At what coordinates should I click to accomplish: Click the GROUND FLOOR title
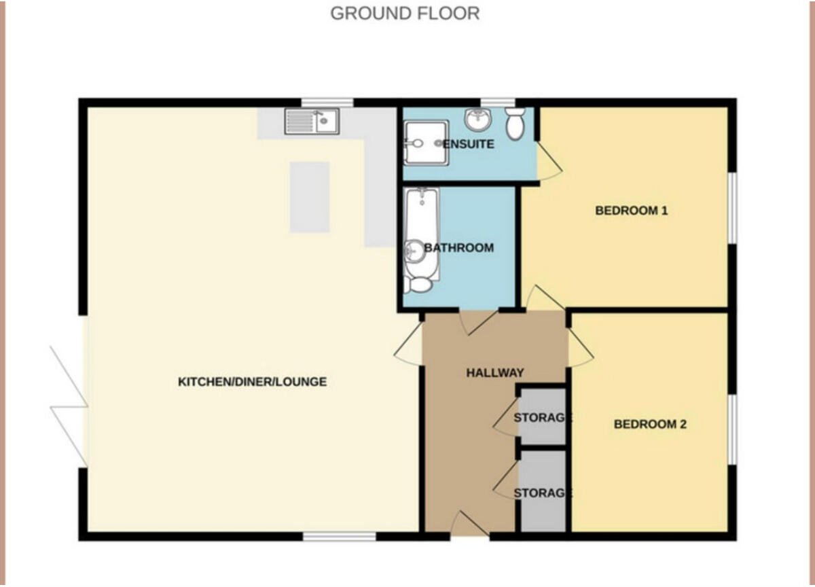405,13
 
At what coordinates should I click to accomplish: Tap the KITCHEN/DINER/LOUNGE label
252,382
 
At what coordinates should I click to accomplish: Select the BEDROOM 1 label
631,211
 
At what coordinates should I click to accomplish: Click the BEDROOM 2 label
650,425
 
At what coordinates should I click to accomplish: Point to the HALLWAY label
494,372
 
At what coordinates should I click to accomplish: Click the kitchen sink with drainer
312,122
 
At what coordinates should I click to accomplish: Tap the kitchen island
310,197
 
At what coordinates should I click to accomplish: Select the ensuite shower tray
425,143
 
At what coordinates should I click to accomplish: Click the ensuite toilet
515,123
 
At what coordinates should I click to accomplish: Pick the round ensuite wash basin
478,120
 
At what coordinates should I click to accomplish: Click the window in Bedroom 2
732,429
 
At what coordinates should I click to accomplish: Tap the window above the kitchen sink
327,103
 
